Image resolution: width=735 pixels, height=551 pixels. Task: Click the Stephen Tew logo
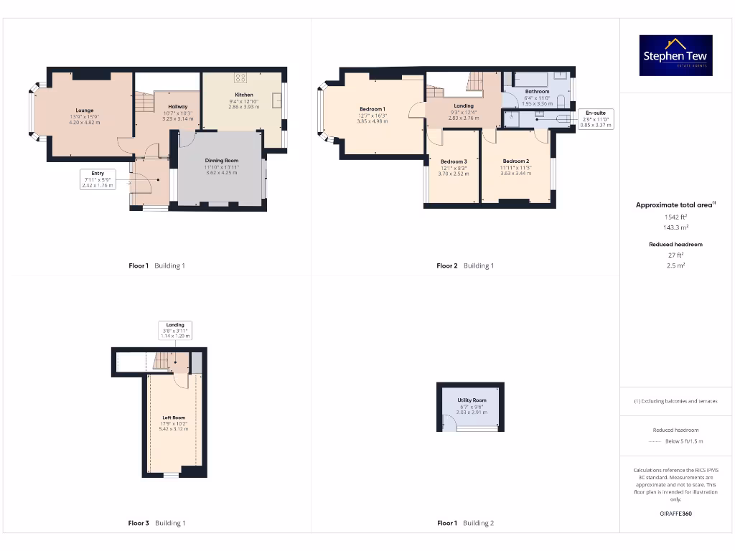(676, 55)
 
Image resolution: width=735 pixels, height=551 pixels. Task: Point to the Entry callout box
(98, 179)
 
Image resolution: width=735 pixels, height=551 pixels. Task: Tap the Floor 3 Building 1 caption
(156, 523)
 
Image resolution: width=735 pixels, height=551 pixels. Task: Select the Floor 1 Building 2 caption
(465, 523)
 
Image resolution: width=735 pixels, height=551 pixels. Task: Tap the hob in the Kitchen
(241, 77)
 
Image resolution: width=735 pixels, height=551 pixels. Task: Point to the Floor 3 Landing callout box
(175, 330)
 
